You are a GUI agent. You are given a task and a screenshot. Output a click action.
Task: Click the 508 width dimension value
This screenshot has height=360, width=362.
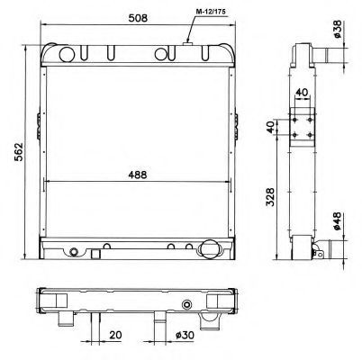pos(138,18)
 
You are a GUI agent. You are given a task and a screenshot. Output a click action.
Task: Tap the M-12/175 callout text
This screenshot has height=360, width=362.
pos(211,12)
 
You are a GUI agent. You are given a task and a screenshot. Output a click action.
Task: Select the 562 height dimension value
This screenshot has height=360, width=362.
pos(19,152)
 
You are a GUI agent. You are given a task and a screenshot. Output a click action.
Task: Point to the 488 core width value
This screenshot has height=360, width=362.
pos(137,175)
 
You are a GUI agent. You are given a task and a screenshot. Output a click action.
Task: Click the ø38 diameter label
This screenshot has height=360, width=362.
pos(338,29)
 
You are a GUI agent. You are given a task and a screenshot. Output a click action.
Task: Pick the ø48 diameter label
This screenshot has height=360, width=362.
pos(337,221)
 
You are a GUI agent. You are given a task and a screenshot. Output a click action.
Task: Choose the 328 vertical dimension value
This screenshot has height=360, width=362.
pos(270,197)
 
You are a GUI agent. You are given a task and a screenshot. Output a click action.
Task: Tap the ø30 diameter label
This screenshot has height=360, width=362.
pos(185,335)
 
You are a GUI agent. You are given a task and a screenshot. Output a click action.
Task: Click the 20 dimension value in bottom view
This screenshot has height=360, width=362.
pos(115,335)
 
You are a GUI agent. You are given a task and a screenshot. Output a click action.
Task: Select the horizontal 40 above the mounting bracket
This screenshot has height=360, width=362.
pos(302,93)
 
